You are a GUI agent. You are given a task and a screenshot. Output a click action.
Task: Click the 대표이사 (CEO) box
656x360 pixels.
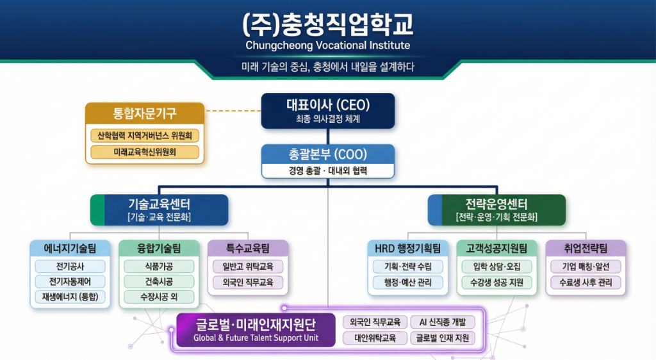(328, 110)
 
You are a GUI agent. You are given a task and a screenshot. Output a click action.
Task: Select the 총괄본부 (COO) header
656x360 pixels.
(328, 154)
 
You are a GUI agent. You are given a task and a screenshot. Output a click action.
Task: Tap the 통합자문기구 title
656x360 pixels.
(145, 114)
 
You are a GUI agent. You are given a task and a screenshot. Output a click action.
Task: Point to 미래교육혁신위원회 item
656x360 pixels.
(145, 152)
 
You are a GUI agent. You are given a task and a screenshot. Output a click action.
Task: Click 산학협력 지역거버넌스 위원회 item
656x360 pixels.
(145, 135)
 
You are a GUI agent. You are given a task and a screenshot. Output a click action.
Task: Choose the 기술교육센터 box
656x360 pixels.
(160, 209)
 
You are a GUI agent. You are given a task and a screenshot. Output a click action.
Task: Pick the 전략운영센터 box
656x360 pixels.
(497, 209)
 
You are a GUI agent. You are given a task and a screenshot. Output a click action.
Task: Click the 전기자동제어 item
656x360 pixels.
(70, 281)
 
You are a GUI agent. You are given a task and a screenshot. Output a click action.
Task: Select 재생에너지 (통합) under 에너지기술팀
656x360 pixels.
(70, 297)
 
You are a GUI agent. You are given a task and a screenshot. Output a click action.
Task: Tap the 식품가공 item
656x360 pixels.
(159, 266)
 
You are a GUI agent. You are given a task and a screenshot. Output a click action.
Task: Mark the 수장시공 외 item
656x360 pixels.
(159, 297)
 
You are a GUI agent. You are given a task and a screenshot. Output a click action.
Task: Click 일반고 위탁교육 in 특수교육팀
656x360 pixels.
(247, 266)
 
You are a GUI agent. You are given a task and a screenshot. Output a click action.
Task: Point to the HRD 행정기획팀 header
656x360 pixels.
(408, 249)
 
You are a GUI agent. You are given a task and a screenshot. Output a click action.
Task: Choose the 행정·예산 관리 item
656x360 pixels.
(408, 282)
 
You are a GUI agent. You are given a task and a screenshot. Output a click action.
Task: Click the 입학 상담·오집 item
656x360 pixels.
(496, 266)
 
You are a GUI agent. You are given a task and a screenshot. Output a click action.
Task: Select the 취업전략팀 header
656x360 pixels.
(585, 249)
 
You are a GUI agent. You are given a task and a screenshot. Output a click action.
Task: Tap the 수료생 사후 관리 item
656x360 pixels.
(585, 282)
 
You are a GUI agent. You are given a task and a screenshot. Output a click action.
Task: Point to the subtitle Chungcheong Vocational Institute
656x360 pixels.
(328, 46)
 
